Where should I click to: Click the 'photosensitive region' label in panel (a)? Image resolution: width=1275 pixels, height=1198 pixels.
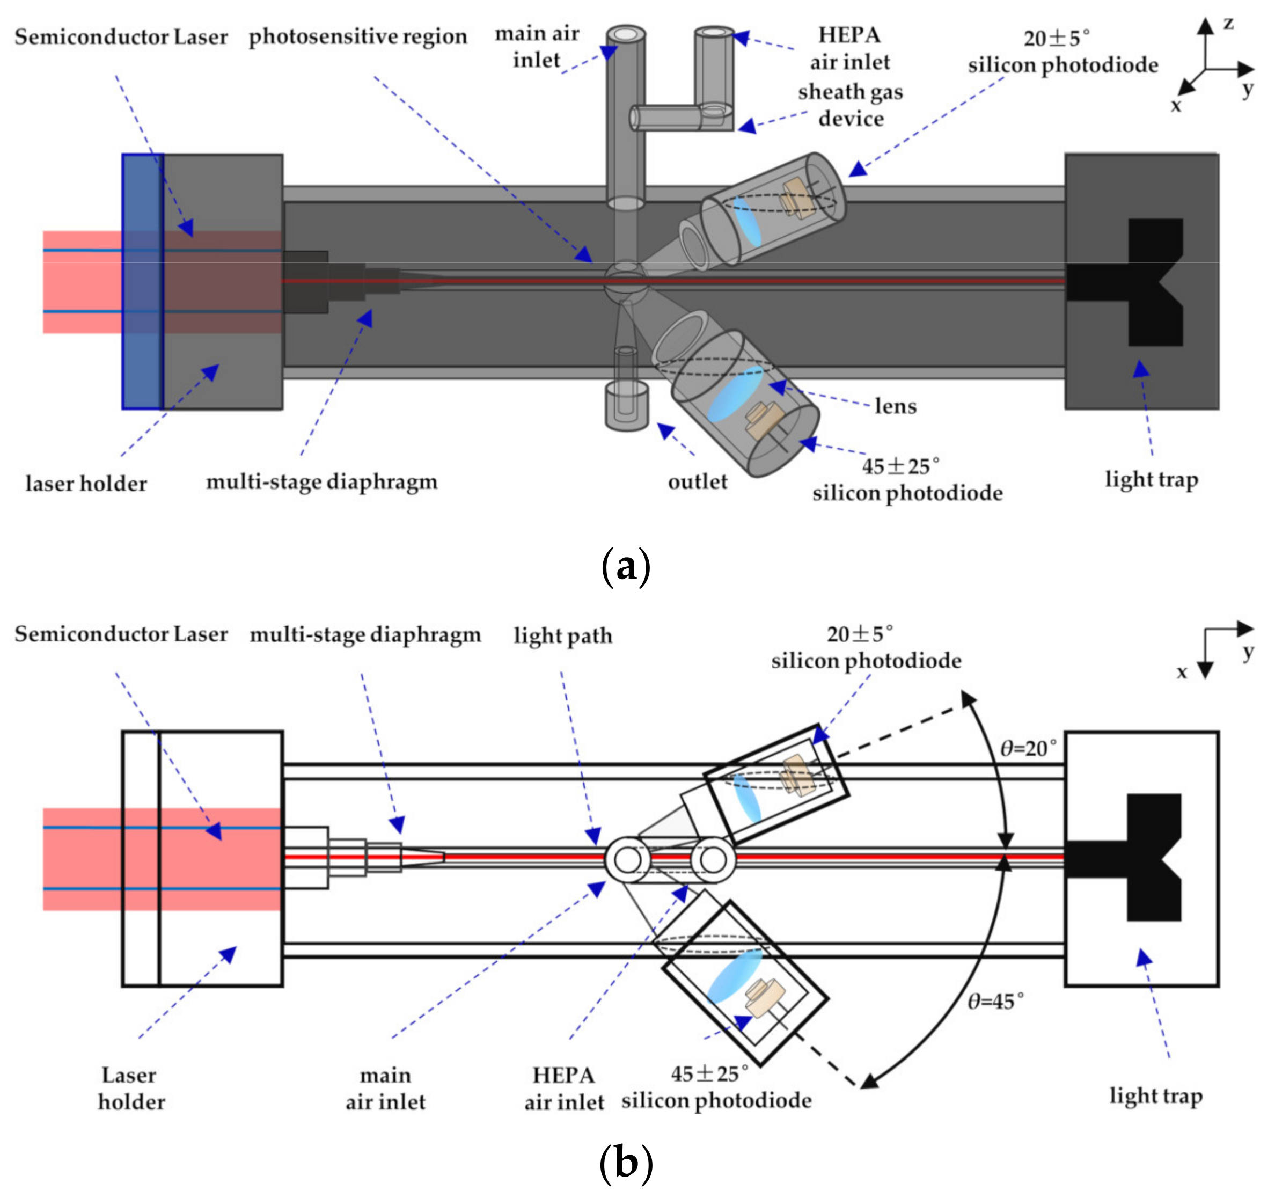(x=358, y=37)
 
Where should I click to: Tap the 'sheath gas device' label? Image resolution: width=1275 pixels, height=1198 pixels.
(x=851, y=105)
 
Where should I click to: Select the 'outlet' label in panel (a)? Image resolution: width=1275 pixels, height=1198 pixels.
(x=697, y=481)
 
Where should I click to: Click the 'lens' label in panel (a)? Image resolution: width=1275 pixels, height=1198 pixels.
(x=895, y=406)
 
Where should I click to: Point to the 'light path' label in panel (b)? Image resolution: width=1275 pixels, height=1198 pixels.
(x=562, y=635)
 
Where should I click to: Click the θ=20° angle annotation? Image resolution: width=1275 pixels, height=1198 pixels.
(x=1028, y=748)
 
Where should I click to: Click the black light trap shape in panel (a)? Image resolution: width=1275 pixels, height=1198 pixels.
(x=1148, y=282)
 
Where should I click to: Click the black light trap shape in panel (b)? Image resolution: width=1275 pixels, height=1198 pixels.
(x=1148, y=858)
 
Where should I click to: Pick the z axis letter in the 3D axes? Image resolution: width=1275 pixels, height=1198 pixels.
(x=1228, y=24)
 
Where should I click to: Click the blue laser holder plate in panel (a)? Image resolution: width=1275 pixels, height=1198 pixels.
(x=142, y=282)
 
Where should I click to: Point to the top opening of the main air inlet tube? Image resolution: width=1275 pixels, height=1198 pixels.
(x=626, y=33)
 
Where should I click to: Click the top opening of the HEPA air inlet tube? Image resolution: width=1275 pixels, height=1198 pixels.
(x=714, y=32)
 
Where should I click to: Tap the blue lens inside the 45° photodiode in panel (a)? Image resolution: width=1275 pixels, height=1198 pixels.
(x=736, y=393)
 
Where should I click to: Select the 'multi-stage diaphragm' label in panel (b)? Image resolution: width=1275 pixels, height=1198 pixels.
(x=365, y=635)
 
